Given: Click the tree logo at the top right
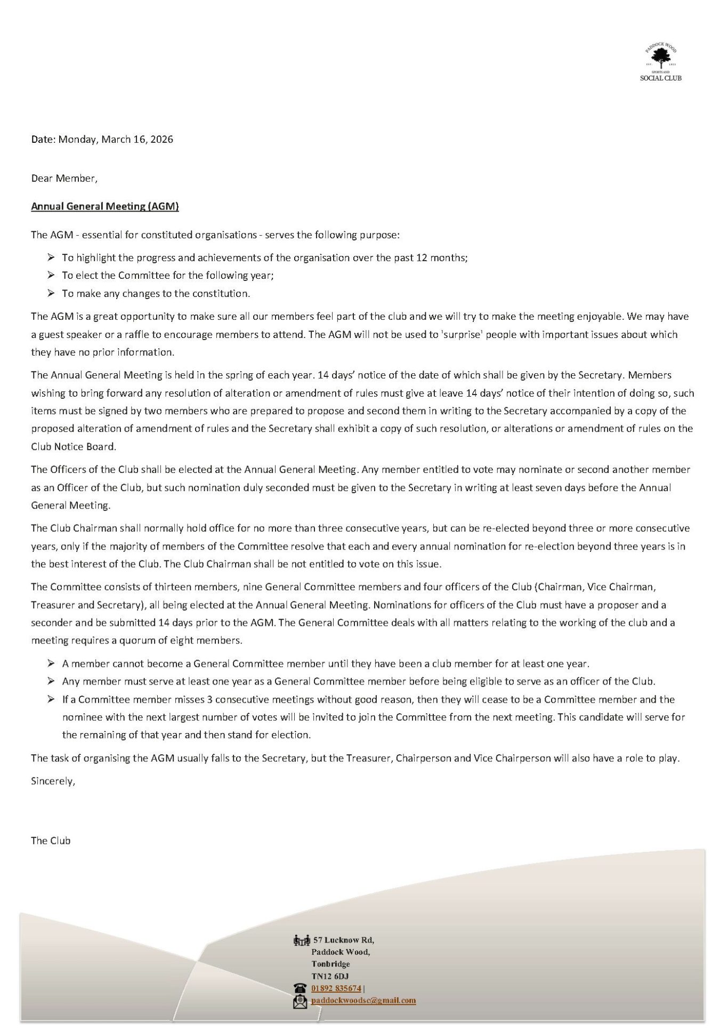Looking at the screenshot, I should click(661, 55).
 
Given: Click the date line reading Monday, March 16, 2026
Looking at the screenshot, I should click(102, 140).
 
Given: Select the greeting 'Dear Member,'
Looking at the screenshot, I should click(64, 179).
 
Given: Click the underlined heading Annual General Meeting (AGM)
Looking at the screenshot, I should click(105, 206).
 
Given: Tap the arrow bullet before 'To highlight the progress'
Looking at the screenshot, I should click(51, 258).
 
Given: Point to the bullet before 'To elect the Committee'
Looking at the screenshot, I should click(51, 276).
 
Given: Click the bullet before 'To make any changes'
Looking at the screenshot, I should click(51, 293).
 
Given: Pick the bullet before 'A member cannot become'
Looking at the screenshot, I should click(51, 664).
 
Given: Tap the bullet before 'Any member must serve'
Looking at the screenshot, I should click(51, 681).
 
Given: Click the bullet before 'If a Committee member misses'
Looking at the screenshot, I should click(51, 699).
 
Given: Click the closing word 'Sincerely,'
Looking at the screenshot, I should click(53, 782).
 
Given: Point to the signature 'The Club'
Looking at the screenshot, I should click(51, 841).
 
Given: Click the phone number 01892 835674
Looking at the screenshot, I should click(336, 988).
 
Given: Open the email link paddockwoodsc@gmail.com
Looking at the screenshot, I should click(363, 1001).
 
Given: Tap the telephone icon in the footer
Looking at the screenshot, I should click(301, 988).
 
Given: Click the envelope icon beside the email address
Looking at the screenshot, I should click(301, 1001).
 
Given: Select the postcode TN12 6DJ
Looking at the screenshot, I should click(330, 976).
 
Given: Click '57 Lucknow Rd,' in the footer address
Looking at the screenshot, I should click(344, 940).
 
